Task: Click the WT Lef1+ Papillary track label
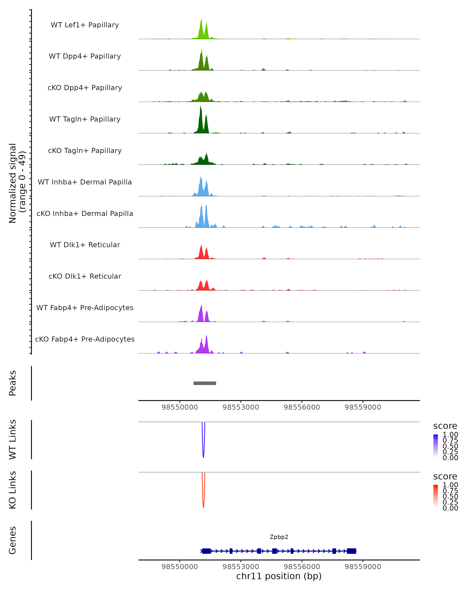pos(85,25)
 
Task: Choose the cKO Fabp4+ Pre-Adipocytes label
pos(85,339)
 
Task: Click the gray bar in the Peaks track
pos(205,383)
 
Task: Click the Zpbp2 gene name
pos(279,537)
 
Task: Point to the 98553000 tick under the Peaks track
pos(241,407)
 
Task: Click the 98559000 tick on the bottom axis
pos(363,566)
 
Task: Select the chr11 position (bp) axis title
pos(279,576)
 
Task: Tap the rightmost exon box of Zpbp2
pos(351,551)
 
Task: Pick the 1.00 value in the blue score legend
pos(450,435)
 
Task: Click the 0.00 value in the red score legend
pos(450,508)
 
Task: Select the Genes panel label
pos(13,540)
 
